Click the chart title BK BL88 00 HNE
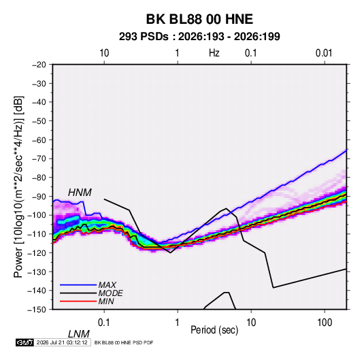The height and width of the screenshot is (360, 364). tap(199, 19)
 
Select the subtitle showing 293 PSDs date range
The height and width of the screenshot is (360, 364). tap(199, 37)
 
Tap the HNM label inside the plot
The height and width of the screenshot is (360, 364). tap(80, 193)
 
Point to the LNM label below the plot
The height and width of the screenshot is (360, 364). tap(79, 334)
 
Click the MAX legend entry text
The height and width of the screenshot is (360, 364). tap(107, 284)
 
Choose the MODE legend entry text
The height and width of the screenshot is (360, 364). tap(110, 293)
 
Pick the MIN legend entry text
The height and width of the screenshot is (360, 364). tap(106, 301)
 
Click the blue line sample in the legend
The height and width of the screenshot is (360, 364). tap(78, 285)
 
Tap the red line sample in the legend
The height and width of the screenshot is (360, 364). tap(78, 301)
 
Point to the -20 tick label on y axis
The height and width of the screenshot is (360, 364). tap(39, 65)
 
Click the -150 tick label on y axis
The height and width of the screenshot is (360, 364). tap(37, 310)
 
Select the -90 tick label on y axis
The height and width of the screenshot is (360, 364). tap(39, 197)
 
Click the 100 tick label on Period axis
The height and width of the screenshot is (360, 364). tap(325, 323)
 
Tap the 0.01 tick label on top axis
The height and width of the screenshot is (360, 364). tap(324, 53)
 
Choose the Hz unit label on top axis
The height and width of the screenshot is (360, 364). tap(214, 53)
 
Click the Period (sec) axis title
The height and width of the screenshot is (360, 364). tap(214, 330)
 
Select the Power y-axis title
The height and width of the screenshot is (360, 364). tap(18, 187)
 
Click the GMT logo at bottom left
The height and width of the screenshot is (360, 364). tap(24, 342)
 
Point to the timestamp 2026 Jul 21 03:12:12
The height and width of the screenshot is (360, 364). tap(62, 342)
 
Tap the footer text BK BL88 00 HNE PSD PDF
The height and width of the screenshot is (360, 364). tap(124, 342)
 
